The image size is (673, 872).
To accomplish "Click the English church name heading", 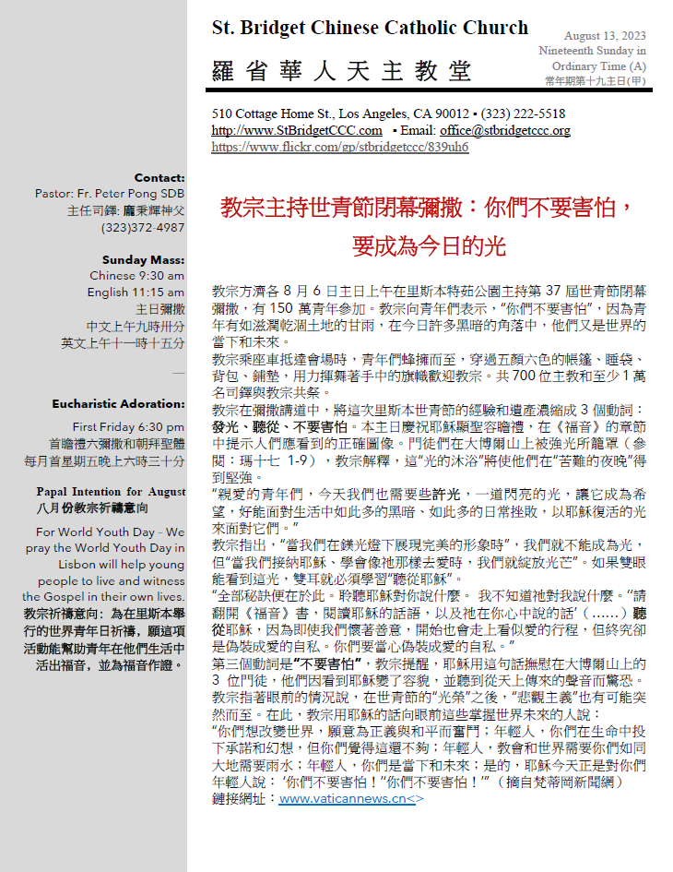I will (370, 29).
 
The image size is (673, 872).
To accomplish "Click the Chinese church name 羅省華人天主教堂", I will (341, 71).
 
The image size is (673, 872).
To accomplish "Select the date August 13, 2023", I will (605, 35).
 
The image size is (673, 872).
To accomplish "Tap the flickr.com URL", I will (340, 147).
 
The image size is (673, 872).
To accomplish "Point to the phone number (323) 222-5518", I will (523, 113).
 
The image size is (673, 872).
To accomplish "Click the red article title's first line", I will (427, 207).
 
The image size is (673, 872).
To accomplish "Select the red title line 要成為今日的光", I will (427, 247).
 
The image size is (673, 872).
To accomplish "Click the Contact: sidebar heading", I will (159, 178).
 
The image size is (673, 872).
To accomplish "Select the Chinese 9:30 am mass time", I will (136, 276).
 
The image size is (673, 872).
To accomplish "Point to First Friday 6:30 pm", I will (128, 427).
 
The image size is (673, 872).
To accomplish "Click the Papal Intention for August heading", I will (111, 492).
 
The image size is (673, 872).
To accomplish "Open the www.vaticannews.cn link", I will (351, 799).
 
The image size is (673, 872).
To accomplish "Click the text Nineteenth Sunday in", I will (592, 51).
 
